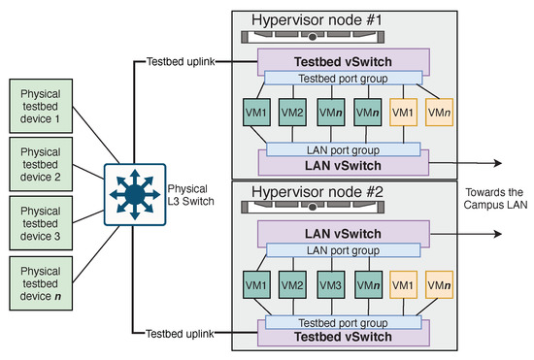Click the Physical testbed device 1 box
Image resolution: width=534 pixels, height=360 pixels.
pyautogui.click(x=41, y=106)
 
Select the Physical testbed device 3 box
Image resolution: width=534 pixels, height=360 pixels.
pyautogui.click(x=41, y=223)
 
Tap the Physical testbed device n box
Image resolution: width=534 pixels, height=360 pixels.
pyautogui.click(x=41, y=283)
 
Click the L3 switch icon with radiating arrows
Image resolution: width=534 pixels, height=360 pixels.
pyautogui.click(x=135, y=195)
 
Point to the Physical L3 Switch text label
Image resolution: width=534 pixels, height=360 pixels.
pyautogui.click(x=190, y=195)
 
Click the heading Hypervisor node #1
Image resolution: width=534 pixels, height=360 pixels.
pyautogui.click(x=317, y=20)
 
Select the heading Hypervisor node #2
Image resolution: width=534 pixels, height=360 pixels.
pyautogui.click(x=317, y=192)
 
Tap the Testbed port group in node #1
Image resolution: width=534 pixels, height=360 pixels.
pyautogui.click(x=344, y=78)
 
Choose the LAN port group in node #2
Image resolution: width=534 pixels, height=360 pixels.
pyautogui.click(x=344, y=250)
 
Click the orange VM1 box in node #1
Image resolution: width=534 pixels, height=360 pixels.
pyautogui.click(x=403, y=113)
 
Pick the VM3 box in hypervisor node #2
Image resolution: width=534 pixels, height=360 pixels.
pyautogui.click(x=331, y=285)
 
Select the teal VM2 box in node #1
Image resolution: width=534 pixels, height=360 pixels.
pyautogui.click(x=292, y=113)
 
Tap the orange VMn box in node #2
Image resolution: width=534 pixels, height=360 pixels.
pyautogui.click(x=439, y=285)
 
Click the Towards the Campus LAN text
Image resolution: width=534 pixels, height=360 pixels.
pyautogui.click(x=495, y=199)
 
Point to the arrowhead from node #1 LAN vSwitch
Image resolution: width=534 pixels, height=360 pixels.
pyautogui.click(x=498, y=163)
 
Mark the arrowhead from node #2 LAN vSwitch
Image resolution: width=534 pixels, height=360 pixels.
pyautogui.click(x=498, y=234)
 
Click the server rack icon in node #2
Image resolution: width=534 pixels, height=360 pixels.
pyautogui.click(x=313, y=207)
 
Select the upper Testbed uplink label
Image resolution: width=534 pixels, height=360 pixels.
pyautogui.click(x=181, y=61)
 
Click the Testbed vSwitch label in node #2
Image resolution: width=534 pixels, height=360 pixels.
pyautogui.click(x=343, y=337)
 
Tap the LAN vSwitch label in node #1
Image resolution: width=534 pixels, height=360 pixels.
pyautogui.click(x=343, y=166)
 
